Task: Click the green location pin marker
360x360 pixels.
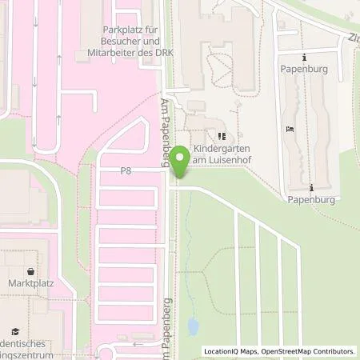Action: [x=182, y=163]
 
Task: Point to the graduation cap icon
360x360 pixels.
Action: [x=14, y=330]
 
